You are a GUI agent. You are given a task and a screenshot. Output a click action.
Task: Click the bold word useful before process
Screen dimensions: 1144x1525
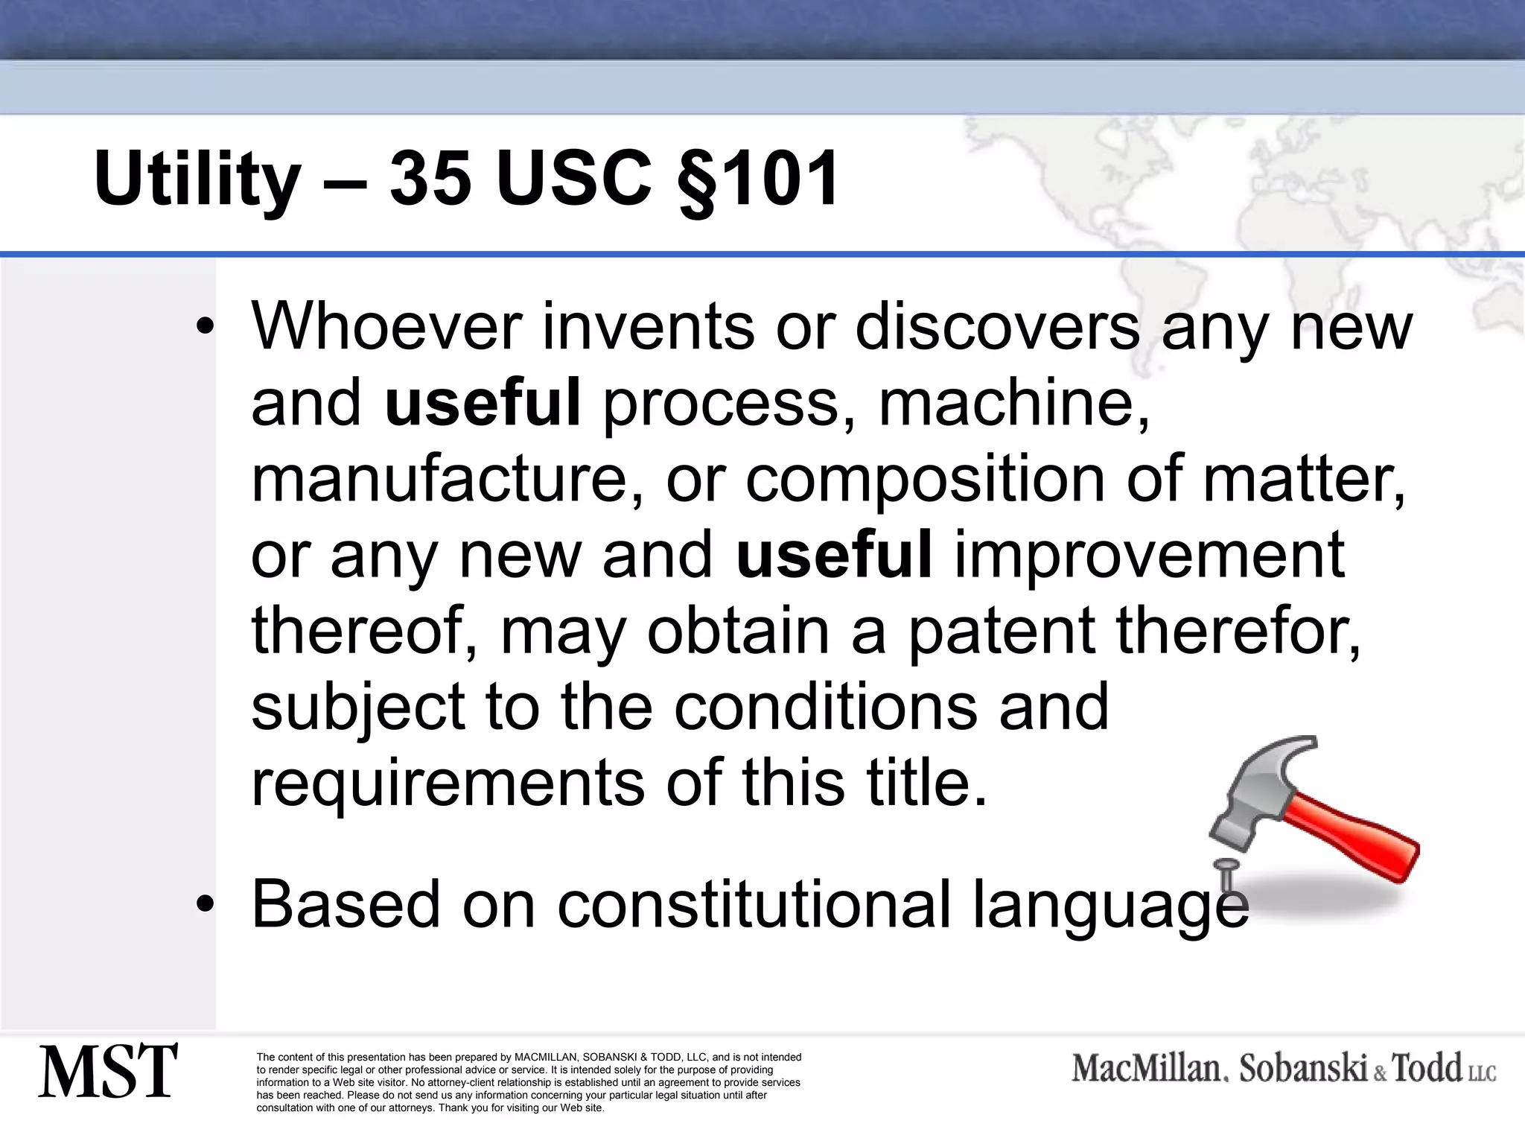coord(483,402)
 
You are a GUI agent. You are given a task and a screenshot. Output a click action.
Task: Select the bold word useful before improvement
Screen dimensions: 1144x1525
coord(834,554)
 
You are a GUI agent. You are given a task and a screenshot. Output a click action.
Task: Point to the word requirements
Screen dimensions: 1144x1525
coord(448,784)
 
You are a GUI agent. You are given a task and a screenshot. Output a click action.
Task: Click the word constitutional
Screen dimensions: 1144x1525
coord(754,904)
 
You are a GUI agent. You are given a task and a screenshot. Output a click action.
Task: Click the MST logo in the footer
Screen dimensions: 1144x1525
coord(108,1071)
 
